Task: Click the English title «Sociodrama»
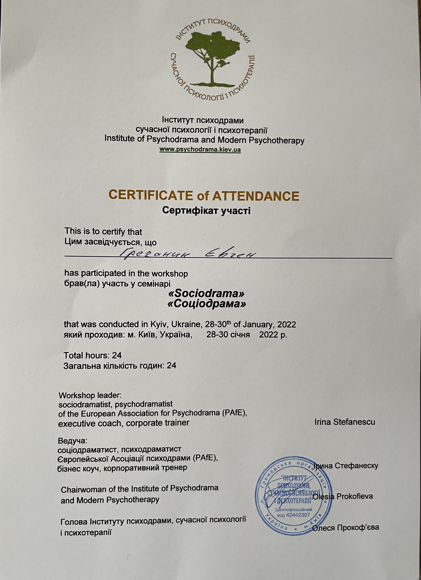[x=206, y=294]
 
